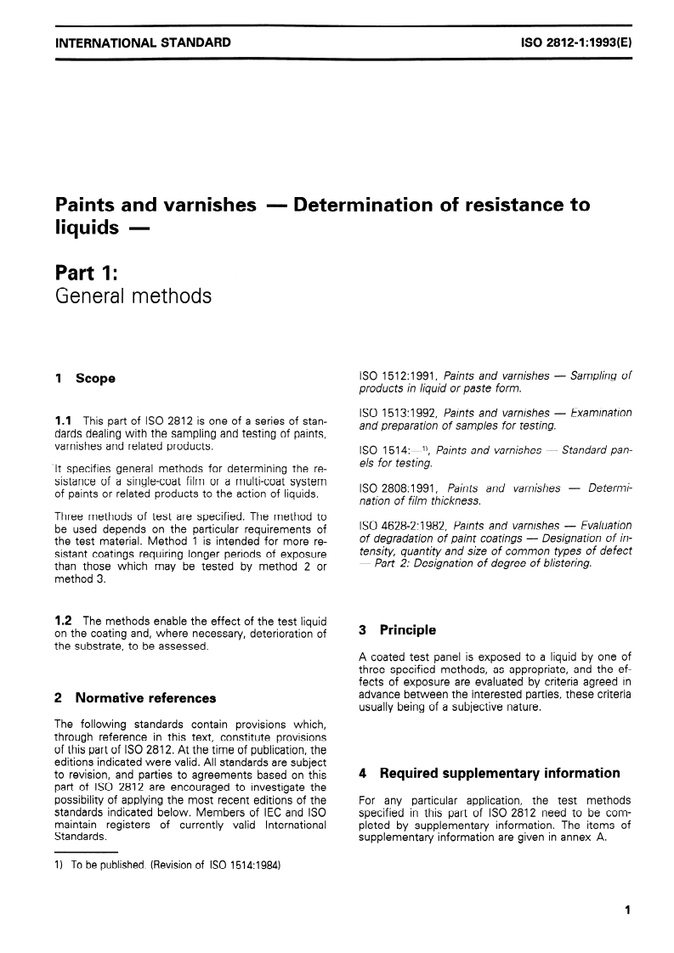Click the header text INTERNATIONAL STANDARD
click(x=142, y=42)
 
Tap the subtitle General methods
click(x=133, y=296)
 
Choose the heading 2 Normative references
click(x=133, y=698)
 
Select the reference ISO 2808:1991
click(x=396, y=488)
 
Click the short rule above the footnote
click(x=85, y=852)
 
